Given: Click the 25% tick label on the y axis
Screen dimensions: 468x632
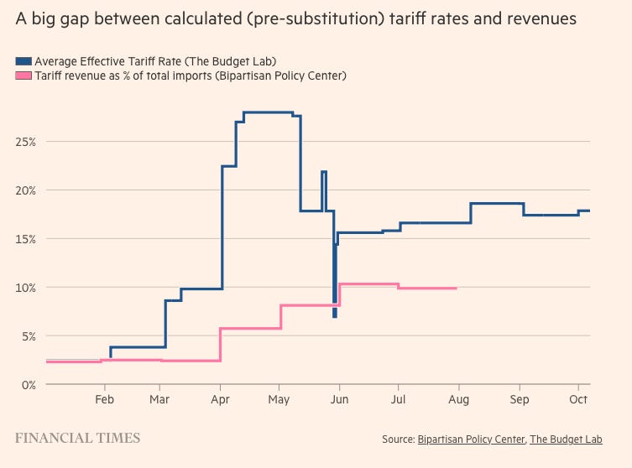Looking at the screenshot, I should pos(24,142).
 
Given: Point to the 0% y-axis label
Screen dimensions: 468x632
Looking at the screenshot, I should pos(28,384).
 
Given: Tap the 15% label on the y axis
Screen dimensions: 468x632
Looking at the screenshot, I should pos(24,239).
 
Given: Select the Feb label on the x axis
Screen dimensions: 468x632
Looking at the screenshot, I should pos(105,400).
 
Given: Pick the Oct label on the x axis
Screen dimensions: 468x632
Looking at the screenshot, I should pos(577,400).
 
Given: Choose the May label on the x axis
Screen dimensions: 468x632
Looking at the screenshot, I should pos(279,400).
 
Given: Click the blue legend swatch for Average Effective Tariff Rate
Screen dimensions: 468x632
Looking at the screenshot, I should pos(24,60).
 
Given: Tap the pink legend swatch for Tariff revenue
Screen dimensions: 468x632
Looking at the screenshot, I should pos(24,75).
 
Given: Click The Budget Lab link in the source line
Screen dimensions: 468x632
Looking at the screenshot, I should pos(578,439).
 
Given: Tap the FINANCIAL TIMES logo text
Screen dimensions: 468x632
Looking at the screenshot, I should pos(78,438).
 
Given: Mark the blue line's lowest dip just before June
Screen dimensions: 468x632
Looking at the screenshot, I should pos(334,315).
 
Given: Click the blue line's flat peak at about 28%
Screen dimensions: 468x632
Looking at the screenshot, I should pos(267,112).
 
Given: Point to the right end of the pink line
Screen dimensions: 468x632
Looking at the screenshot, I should pos(456,289).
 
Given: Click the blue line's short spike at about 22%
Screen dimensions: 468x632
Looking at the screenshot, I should pos(323,172).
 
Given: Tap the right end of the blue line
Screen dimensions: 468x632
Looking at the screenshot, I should pos(589,211).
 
